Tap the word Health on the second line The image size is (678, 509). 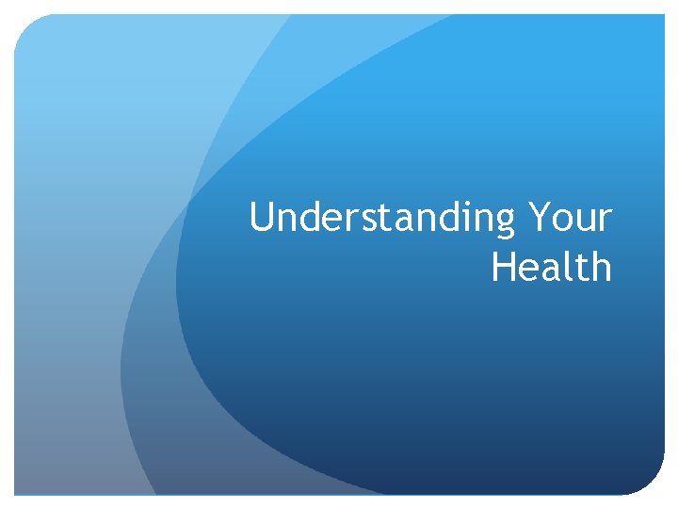(x=552, y=267)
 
